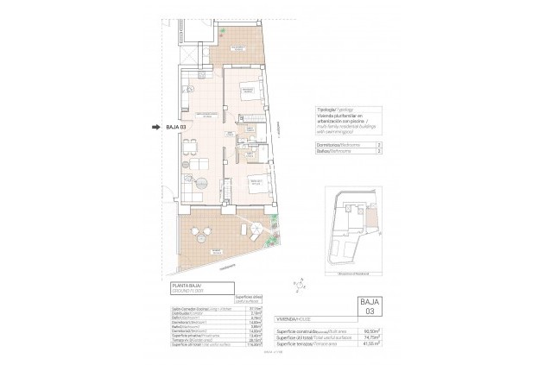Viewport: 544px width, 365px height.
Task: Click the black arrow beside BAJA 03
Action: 156,128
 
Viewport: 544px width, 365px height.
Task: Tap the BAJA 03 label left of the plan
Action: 175,128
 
